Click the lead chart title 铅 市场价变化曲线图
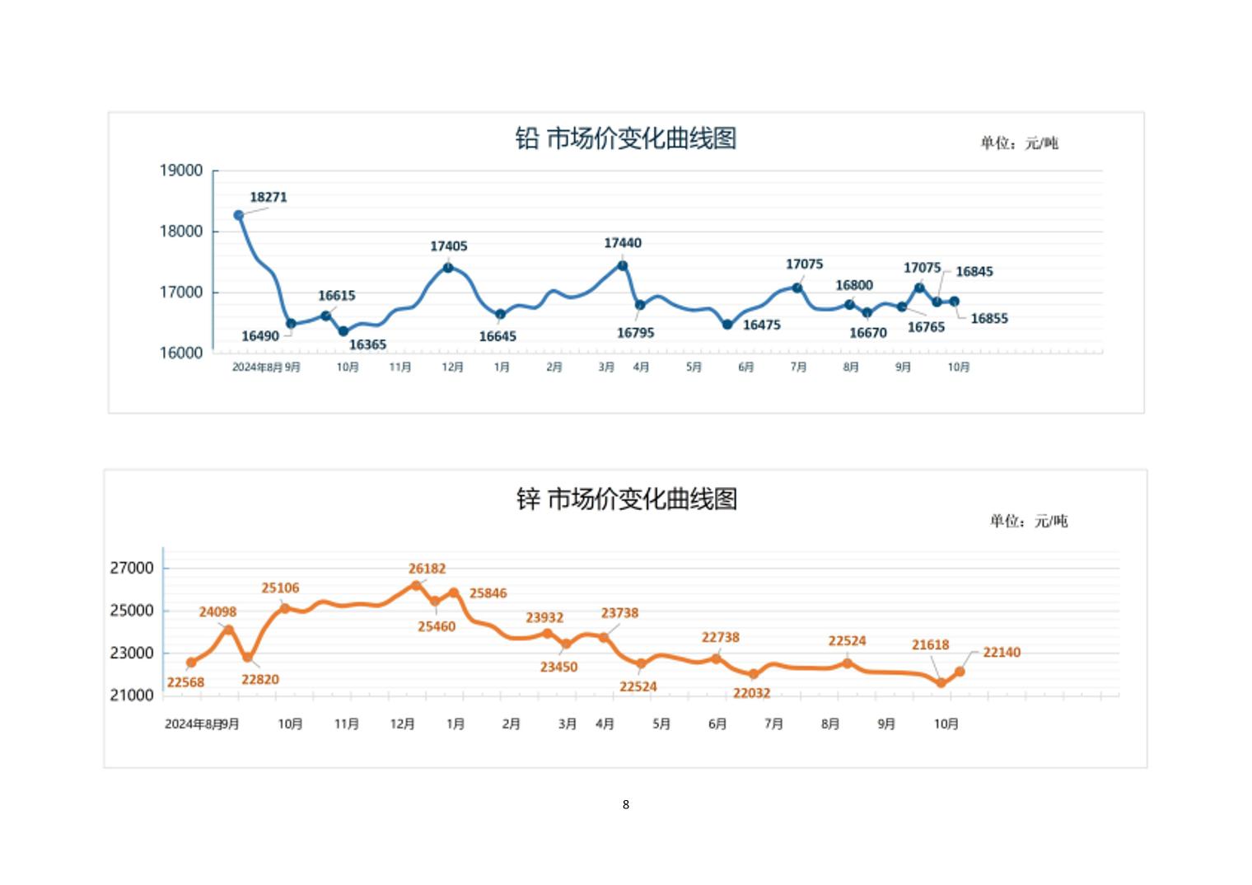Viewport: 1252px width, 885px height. [x=625, y=138]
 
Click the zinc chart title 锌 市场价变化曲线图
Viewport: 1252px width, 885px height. [x=626, y=499]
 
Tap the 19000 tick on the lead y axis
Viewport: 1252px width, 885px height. [x=181, y=171]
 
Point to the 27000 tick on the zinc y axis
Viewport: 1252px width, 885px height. [x=132, y=568]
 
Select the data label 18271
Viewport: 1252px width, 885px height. [x=269, y=197]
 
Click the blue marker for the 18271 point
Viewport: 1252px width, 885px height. [x=239, y=215]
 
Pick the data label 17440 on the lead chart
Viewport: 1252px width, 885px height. [x=623, y=243]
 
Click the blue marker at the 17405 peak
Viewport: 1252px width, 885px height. [x=448, y=267]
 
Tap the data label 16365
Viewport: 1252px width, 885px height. [x=367, y=344]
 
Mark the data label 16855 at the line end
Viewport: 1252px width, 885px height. [x=989, y=319]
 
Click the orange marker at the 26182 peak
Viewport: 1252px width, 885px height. [x=416, y=586]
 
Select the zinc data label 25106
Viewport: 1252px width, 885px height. [x=281, y=588]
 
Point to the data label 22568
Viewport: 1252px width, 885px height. [x=185, y=682]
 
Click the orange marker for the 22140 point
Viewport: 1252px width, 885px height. [x=960, y=672]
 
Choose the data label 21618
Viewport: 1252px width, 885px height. [x=930, y=645]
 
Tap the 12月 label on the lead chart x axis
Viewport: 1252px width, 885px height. [x=452, y=367]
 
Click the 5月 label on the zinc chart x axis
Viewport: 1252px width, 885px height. [x=661, y=723]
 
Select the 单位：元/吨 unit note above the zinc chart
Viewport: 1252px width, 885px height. [x=1029, y=521]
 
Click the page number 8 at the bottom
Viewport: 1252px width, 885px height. [x=626, y=804]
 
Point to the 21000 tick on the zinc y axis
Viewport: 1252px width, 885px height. [x=132, y=695]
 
